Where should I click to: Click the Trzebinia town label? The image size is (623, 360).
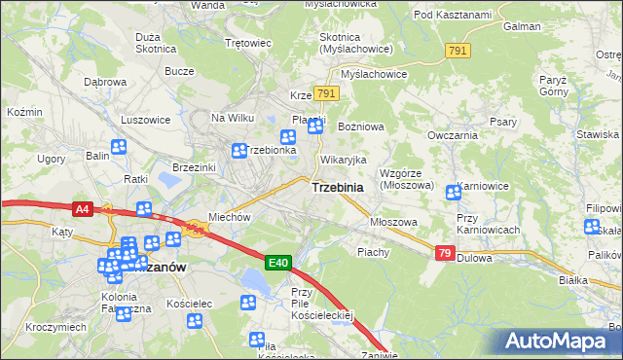338,187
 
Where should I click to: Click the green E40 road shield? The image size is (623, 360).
278,263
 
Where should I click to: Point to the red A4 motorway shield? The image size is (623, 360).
82,207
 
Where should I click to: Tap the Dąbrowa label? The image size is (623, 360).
105,83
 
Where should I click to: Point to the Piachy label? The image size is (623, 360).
373,251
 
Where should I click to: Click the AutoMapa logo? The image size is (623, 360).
561,341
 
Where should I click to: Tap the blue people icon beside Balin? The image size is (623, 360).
120,148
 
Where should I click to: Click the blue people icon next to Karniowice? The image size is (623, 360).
453,193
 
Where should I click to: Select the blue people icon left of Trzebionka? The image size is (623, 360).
239,151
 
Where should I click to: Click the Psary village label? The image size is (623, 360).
502,122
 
